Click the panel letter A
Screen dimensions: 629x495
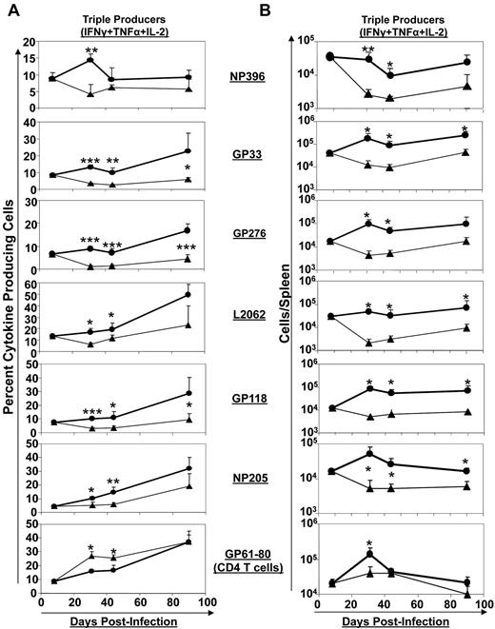tap(9, 9)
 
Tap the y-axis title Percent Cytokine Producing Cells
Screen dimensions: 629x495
tap(10, 314)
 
